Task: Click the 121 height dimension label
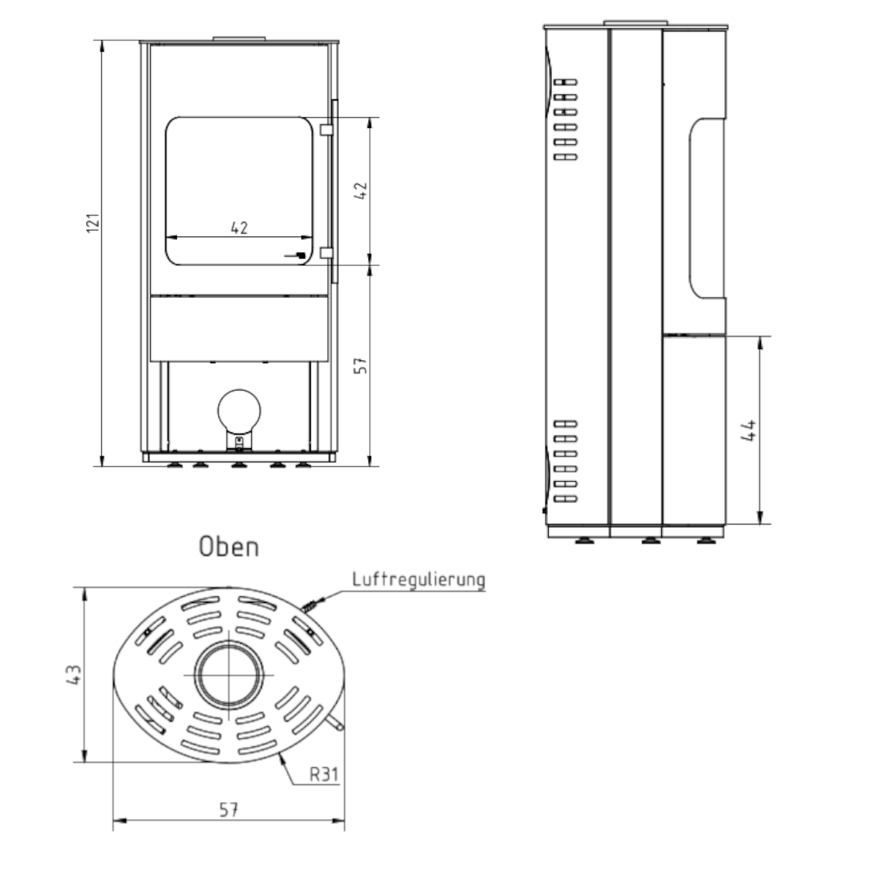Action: (x=94, y=223)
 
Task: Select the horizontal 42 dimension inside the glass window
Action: (x=239, y=228)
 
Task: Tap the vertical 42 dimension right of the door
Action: (x=362, y=191)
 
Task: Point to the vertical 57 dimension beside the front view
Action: (x=362, y=365)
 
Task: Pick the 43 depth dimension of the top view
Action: (x=74, y=675)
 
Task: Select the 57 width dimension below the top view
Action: (x=228, y=810)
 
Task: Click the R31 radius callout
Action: (x=324, y=775)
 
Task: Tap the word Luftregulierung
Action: (x=419, y=580)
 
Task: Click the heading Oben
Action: (x=229, y=547)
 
